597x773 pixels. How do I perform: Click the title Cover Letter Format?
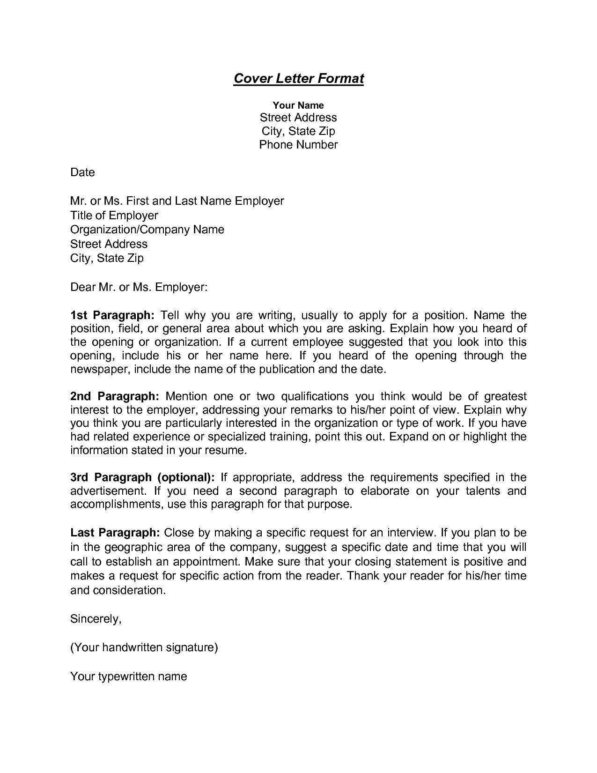point(298,78)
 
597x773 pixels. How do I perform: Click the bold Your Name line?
point(298,105)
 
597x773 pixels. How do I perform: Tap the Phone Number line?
point(298,145)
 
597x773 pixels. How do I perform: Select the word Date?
point(82,172)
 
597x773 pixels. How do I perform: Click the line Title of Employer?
point(114,216)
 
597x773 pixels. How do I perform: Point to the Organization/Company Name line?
point(147,230)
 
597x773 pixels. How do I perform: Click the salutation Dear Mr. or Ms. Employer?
point(139,287)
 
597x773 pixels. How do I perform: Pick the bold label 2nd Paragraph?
point(115,396)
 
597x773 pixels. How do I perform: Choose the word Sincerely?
point(96,619)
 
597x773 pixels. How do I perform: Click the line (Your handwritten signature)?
point(144,647)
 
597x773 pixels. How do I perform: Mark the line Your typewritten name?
point(128,676)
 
